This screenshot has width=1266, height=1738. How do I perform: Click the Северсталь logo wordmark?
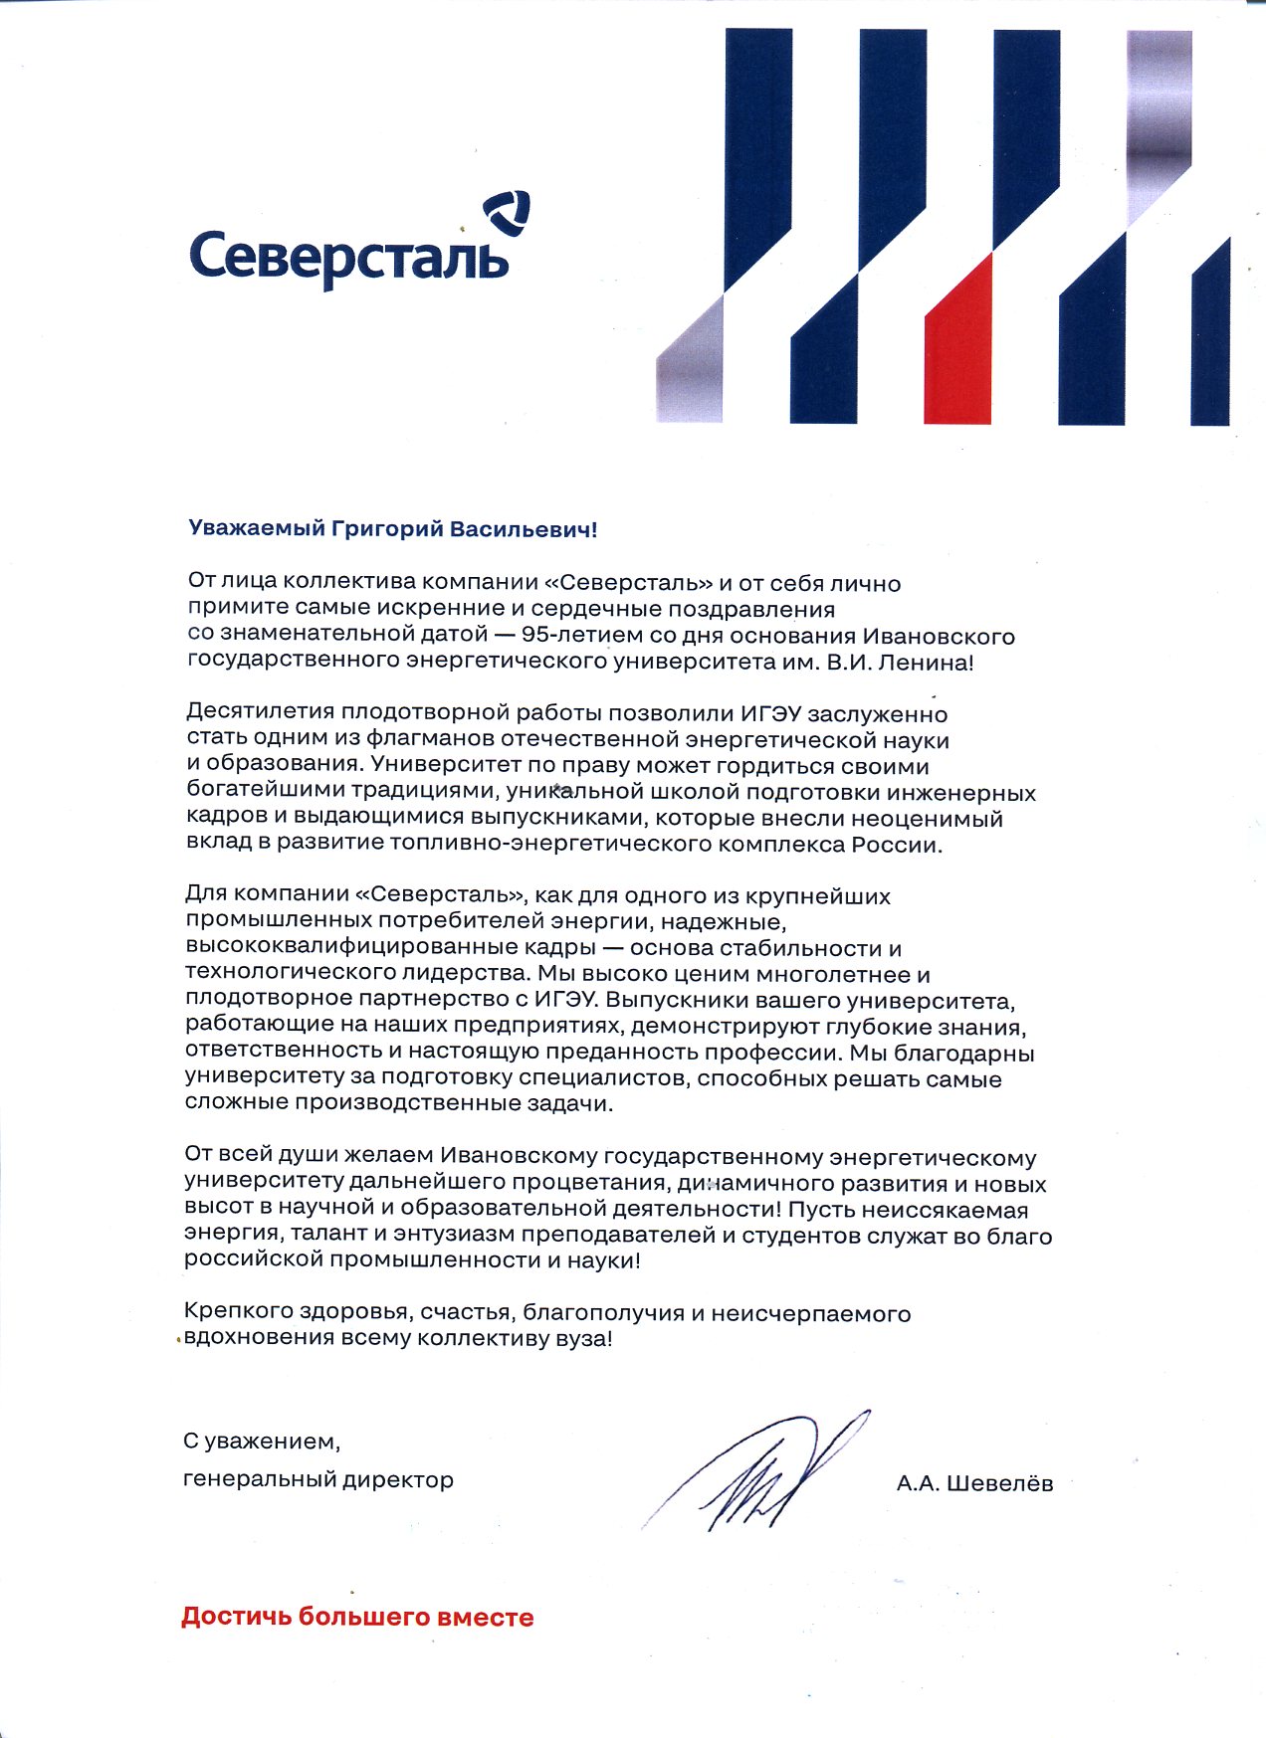coord(348,257)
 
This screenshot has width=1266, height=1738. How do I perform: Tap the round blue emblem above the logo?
coord(507,213)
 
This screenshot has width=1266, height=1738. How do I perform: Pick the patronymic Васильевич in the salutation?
coord(522,529)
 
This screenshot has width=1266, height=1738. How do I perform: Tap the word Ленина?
coord(930,662)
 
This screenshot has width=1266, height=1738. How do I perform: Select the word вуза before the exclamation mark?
coord(580,1338)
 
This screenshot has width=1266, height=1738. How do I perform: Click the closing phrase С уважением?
coord(261,1441)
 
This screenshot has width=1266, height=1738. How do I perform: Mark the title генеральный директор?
coord(317,1479)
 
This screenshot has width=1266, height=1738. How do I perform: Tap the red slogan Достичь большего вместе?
coord(356,1617)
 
